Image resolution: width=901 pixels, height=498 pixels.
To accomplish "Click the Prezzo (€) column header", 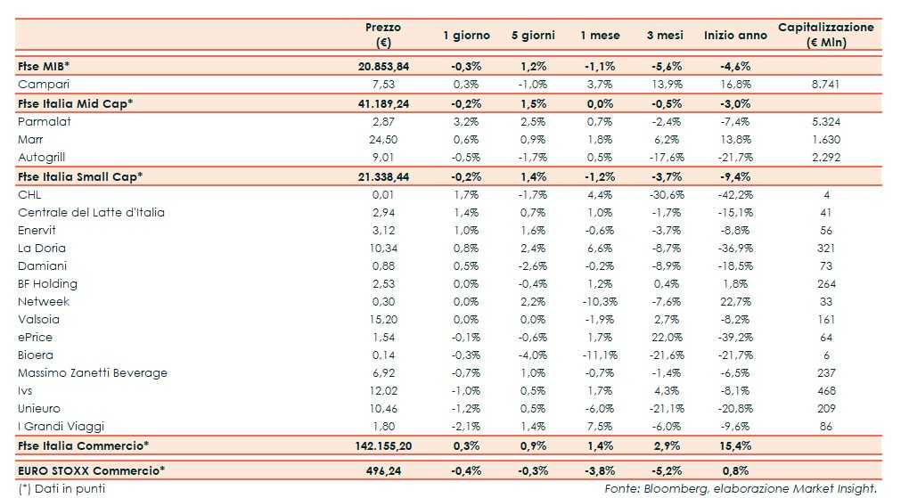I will point(383,35).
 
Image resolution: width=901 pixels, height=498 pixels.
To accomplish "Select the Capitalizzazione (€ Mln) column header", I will point(825,35).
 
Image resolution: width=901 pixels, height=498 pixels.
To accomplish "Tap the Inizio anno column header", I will point(735,36).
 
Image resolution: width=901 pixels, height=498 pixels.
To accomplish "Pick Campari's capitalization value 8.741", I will point(825,84).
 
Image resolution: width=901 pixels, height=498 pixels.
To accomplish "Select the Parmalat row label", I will point(44,121).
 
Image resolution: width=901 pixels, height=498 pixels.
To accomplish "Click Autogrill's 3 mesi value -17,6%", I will point(665,157).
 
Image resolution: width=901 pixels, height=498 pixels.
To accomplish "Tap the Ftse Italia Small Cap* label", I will point(80,176).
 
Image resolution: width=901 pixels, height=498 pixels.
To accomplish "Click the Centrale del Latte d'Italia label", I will point(91,212).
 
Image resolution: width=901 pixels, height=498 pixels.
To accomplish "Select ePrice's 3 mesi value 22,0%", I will point(665,337).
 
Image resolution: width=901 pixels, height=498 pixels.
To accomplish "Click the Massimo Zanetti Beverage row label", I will point(93,372).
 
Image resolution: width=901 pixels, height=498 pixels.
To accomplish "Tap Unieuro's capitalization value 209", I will point(825,408).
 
